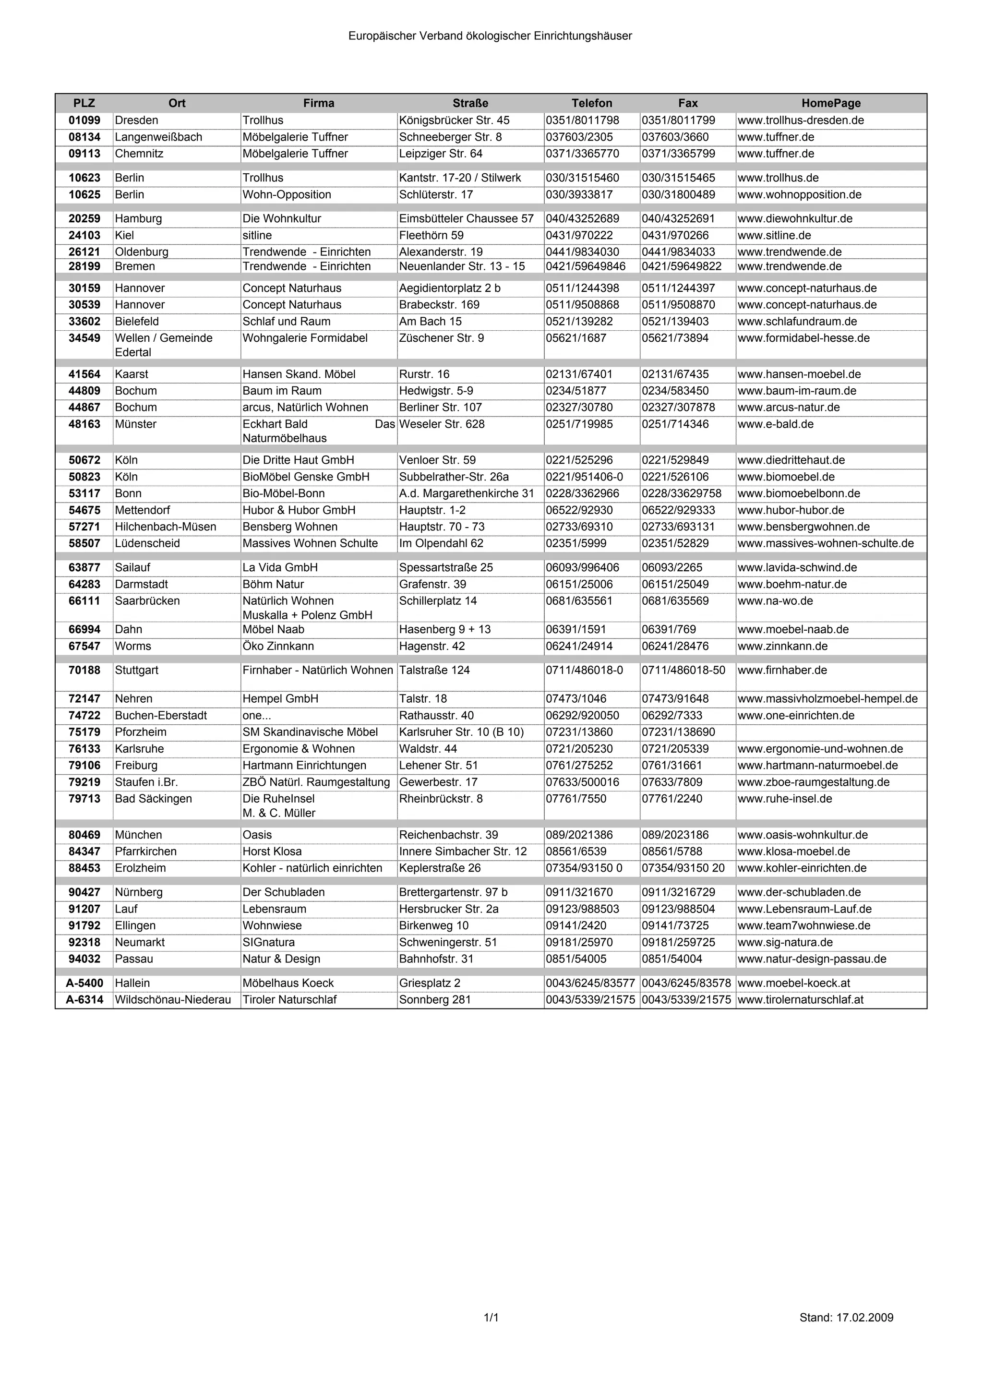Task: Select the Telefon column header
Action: (x=592, y=103)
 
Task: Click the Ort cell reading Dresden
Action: (x=136, y=120)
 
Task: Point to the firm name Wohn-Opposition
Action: (x=287, y=194)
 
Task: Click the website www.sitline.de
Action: (x=774, y=235)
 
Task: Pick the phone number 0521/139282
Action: (x=579, y=321)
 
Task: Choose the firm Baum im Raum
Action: (x=282, y=391)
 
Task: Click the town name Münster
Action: (x=136, y=424)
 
